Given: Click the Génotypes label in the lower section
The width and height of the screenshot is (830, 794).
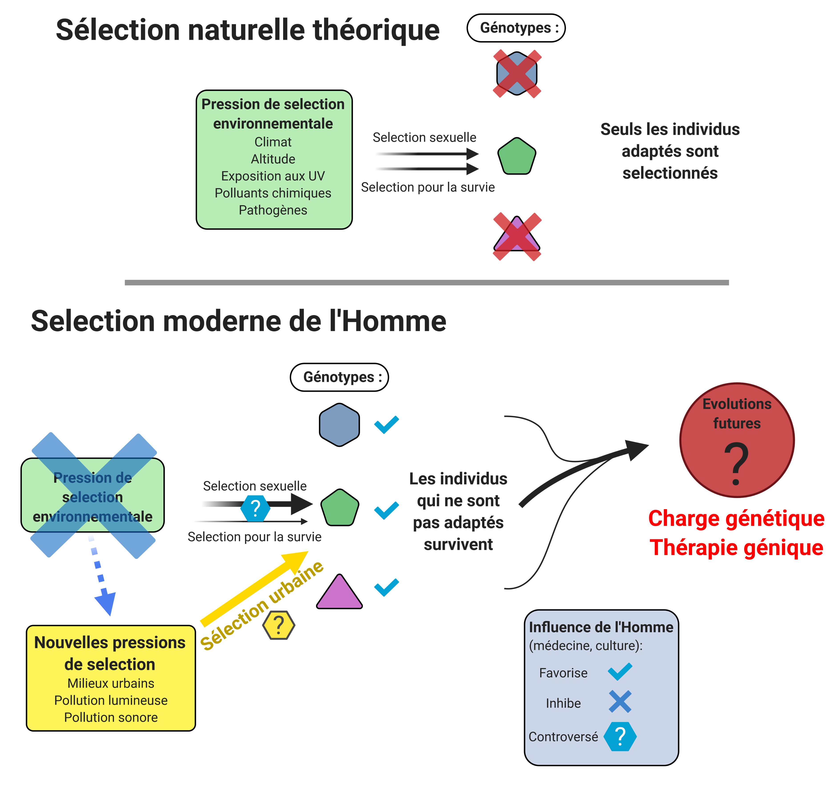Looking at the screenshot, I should click(339, 377).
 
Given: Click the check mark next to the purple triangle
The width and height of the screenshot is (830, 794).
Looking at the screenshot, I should click(386, 587).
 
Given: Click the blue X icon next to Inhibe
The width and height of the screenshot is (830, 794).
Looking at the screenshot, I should click(620, 701).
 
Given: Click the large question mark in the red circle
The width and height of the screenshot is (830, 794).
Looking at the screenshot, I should click(736, 464).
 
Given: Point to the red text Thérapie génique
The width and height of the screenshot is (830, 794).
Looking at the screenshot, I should click(736, 547).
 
